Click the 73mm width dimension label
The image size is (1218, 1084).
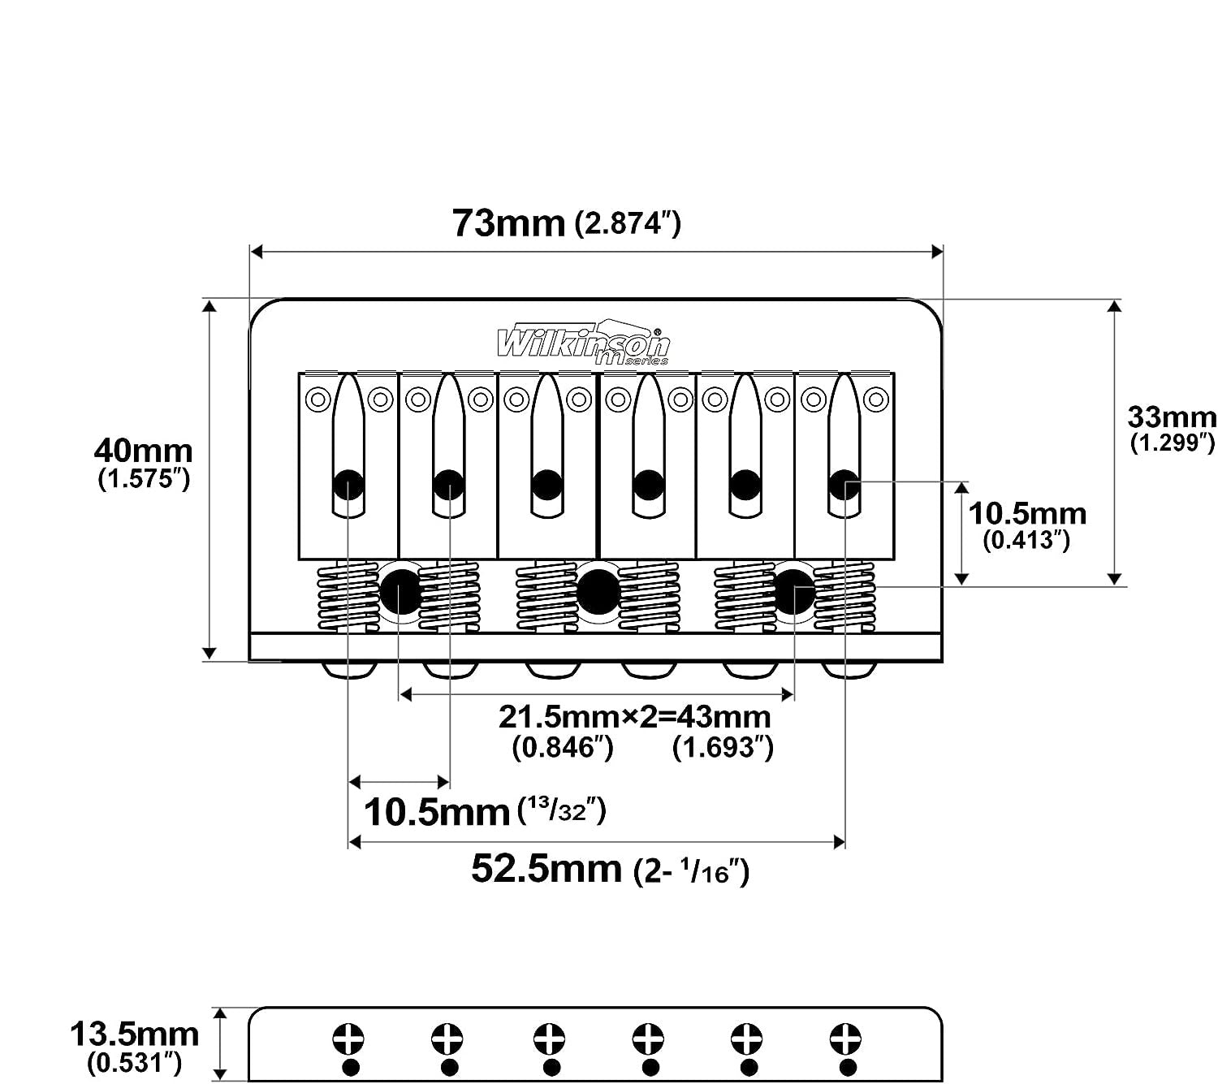tap(508, 223)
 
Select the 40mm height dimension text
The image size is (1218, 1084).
tap(143, 451)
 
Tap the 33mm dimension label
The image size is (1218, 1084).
tap(1172, 417)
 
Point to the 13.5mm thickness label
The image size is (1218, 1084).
tap(134, 1034)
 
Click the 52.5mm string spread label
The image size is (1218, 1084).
tap(546, 869)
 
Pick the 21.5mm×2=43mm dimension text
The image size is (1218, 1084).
tap(635, 717)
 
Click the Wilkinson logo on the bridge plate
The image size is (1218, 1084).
tap(583, 343)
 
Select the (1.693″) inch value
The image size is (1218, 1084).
tap(723, 747)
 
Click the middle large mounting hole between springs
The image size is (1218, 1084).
tap(597, 592)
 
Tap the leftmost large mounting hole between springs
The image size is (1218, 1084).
tap(400, 592)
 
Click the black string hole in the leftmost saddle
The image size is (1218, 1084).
tap(348, 485)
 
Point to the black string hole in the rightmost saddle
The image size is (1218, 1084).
tap(844, 485)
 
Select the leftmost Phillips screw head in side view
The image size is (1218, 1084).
tap(348, 1039)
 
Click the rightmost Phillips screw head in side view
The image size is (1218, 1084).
tap(845, 1039)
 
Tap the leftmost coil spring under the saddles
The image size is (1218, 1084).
tap(348, 597)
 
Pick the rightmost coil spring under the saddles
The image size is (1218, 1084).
tap(844, 597)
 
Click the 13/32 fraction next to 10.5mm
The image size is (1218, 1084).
tap(562, 810)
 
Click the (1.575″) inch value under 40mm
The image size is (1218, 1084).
tap(144, 479)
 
